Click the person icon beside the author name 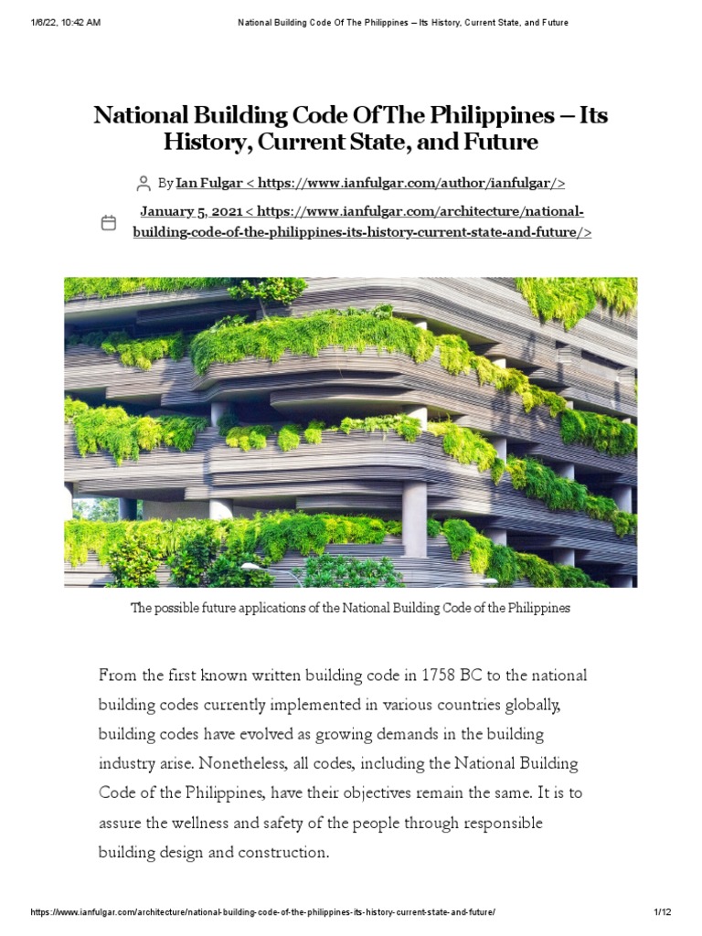(x=143, y=184)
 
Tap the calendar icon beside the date (x=108, y=222)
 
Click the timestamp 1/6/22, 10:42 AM (x=65, y=23)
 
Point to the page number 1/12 (x=663, y=912)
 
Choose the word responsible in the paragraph (x=497, y=823)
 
